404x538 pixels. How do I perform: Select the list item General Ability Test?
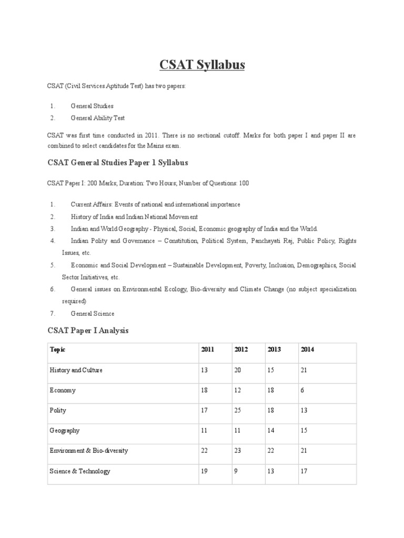[x=97, y=118]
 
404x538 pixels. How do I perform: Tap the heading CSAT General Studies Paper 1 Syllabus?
[x=118, y=163]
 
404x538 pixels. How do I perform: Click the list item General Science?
[x=93, y=314]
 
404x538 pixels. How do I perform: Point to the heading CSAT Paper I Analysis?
[x=88, y=331]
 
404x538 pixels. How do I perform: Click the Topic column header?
[x=57, y=349]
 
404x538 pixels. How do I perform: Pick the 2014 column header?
[x=307, y=349]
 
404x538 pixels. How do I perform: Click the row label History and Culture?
[x=76, y=370]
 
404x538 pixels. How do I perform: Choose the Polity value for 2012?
[x=238, y=410]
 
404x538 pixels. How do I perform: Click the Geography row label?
[x=65, y=431]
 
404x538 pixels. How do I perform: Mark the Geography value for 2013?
[x=271, y=431]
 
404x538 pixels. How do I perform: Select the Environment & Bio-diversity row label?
[x=88, y=451]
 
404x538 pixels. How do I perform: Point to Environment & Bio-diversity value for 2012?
[x=238, y=451]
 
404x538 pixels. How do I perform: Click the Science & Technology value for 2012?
[x=236, y=471]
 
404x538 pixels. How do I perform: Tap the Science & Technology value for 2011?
[x=204, y=471]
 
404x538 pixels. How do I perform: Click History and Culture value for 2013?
[x=271, y=370]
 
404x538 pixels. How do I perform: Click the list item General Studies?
[x=92, y=106]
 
